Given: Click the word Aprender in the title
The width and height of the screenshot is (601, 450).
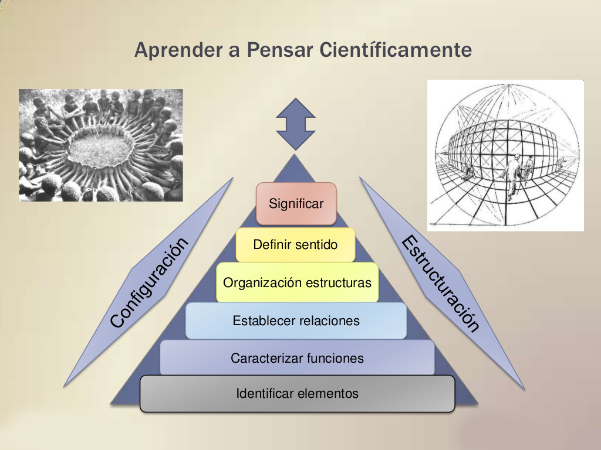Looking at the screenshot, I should click(x=173, y=50).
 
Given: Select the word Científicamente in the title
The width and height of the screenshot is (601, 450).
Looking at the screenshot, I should click(x=396, y=50).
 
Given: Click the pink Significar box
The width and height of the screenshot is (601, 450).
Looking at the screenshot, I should click(x=296, y=204).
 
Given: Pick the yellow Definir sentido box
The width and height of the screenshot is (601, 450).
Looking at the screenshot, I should click(x=296, y=244).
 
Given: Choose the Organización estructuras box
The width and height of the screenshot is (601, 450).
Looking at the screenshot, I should click(x=297, y=283).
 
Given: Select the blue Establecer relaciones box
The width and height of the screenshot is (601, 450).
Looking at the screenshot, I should click(x=296, y=321).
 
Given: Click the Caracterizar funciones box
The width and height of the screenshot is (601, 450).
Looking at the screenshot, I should click(x=297, y=358).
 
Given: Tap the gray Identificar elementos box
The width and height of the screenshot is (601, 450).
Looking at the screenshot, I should click(x=297, y=393).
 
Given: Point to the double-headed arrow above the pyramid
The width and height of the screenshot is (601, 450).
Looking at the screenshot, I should click(x=296, y=124).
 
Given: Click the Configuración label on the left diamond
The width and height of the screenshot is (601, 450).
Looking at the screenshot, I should click(x=149, y=282).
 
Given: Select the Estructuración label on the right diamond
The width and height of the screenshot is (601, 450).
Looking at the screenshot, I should click(x=441, y=284).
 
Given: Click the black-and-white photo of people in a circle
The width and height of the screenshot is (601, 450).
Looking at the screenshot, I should click(x=101, y=145).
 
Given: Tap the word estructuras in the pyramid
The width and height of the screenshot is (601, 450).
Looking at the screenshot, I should click(x=341, y=283).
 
